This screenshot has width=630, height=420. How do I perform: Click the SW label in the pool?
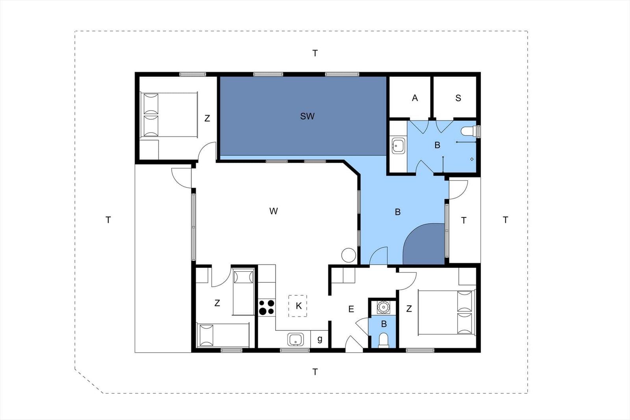pos(307,116)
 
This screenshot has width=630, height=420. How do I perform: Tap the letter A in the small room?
pos(415,98)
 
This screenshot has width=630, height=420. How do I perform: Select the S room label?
pos(458,98)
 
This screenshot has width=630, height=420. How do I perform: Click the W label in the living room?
pos(273,211)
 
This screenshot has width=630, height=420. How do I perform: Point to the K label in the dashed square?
pos(299,306)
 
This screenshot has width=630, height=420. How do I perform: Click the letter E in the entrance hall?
pos(351,309)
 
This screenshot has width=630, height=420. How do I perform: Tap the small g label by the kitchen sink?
pos(319,339)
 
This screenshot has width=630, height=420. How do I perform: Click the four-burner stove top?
pos(267,307)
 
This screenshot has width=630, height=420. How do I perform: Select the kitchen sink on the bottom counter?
pos(296,339)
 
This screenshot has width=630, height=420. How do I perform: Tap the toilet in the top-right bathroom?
pos(470,131)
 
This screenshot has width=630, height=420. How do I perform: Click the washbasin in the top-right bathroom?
pos(398,146)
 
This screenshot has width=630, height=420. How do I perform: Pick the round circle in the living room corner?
pos(349,255)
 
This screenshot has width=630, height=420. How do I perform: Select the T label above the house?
pos(315,53)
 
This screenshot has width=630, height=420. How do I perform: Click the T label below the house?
pos(315,372)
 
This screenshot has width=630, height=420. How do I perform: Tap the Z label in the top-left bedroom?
pos(207,118)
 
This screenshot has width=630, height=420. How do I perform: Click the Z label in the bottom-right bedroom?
pos(409,309)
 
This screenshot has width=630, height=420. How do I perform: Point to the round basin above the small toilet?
pos(383,307)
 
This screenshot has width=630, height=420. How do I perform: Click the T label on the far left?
pos(108,220)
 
